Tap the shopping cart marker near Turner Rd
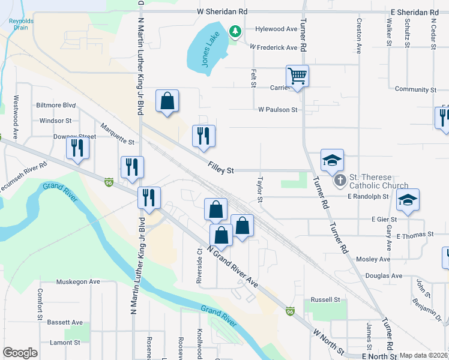click(297, 76)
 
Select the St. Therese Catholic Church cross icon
click(340, 180)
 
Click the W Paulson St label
click(278, 110)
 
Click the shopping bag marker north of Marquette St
click(167, 101)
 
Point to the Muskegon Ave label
click(78, 281)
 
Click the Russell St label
click(325, 300)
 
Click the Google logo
click(20, 353)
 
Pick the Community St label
click(415, 89)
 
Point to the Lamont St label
click(65, 343)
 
